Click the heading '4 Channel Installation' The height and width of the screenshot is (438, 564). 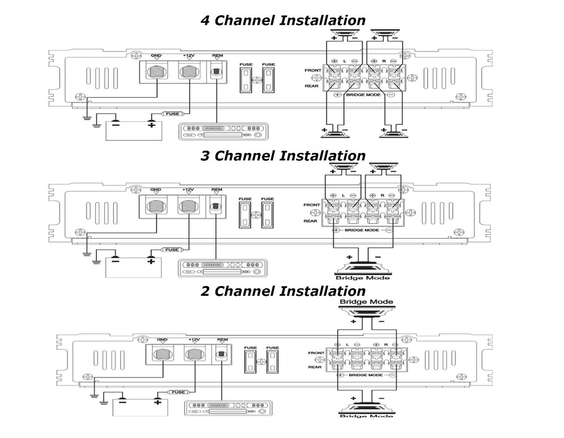(283, 21)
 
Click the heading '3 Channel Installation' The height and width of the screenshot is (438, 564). (283, 156)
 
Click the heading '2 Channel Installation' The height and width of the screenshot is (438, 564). (283, 291)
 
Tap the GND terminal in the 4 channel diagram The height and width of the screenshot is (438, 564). (156, 72)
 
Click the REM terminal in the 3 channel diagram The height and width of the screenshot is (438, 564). (216, 207)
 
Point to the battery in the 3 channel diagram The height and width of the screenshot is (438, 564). (134, 266)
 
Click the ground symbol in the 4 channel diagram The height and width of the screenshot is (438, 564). (86, 118)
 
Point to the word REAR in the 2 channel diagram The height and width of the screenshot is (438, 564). (316, 367)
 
